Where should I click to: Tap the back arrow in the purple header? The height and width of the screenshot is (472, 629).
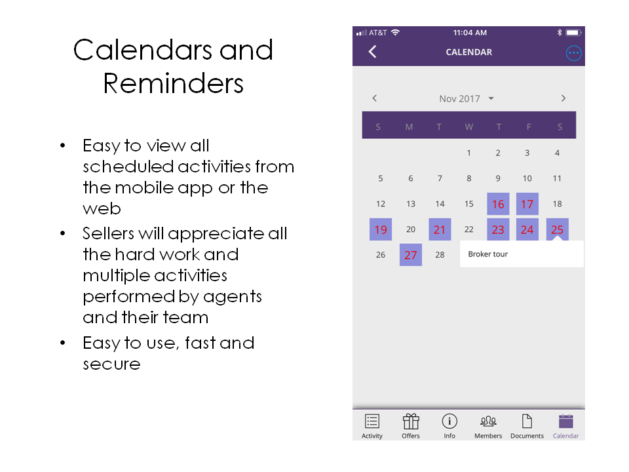(x=373, y=52)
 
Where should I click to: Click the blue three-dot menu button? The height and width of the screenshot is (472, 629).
(x=574, y=53)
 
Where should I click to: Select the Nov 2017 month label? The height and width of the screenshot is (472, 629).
(x=460, y=99)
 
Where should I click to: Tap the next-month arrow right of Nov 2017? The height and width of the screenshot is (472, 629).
(x=563, y=98)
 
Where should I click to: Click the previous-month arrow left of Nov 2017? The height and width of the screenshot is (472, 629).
(x=375, y=98)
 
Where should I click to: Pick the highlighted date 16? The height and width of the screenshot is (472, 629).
(x=498, y=204)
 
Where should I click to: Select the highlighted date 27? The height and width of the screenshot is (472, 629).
(x=410, y=255)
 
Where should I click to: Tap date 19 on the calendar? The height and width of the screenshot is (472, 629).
(x=381, y=229)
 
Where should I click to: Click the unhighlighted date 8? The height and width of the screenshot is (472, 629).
(x=468, y=178)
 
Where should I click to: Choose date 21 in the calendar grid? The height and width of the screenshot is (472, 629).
(x=440, y=229)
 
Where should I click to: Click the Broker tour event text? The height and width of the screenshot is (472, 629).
(x=487, y=254)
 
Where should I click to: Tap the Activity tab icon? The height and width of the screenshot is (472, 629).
(x=372, y=422)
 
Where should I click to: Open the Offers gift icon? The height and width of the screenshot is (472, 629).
(x=411, y=422)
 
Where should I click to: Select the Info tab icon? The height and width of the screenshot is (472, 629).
(x=449, y=422)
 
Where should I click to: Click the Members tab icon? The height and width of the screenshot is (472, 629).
(x=488, y=422)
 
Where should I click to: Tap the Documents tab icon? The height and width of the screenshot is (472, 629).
(x=527, y=422)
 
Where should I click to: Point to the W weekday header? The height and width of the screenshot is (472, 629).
(x=468, y=127)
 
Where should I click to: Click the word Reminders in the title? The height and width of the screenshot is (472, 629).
(x=173, y=83)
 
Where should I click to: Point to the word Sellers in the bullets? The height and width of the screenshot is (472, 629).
(x=108, y=233)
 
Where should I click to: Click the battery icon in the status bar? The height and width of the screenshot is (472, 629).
(x=573, y=33)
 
